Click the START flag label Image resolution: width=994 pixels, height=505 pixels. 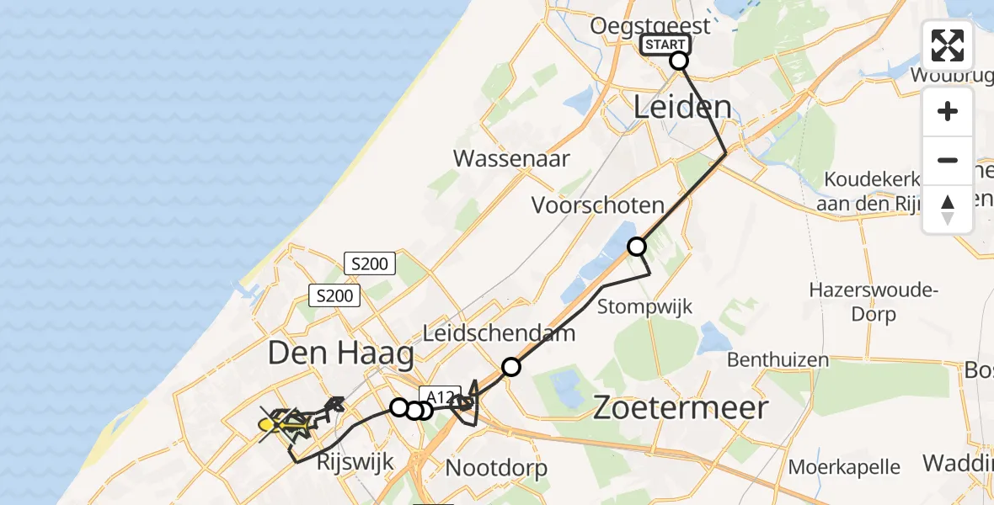click(x=665, y=45)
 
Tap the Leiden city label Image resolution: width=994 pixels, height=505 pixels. click(x=681, y=107)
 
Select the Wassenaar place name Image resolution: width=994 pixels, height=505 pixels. click(x=511, y=158)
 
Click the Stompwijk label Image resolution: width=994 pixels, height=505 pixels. click(x=644, y=306)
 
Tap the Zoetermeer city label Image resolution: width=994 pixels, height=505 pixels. click(x=682, y=408)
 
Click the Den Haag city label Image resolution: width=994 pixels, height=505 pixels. click(x=341, y=353)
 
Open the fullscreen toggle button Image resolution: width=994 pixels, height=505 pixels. click(x=948, y=45)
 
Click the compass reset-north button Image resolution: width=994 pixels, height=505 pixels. click(x=948, y=209)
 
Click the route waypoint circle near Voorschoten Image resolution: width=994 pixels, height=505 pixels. click(x=637, y=247)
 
